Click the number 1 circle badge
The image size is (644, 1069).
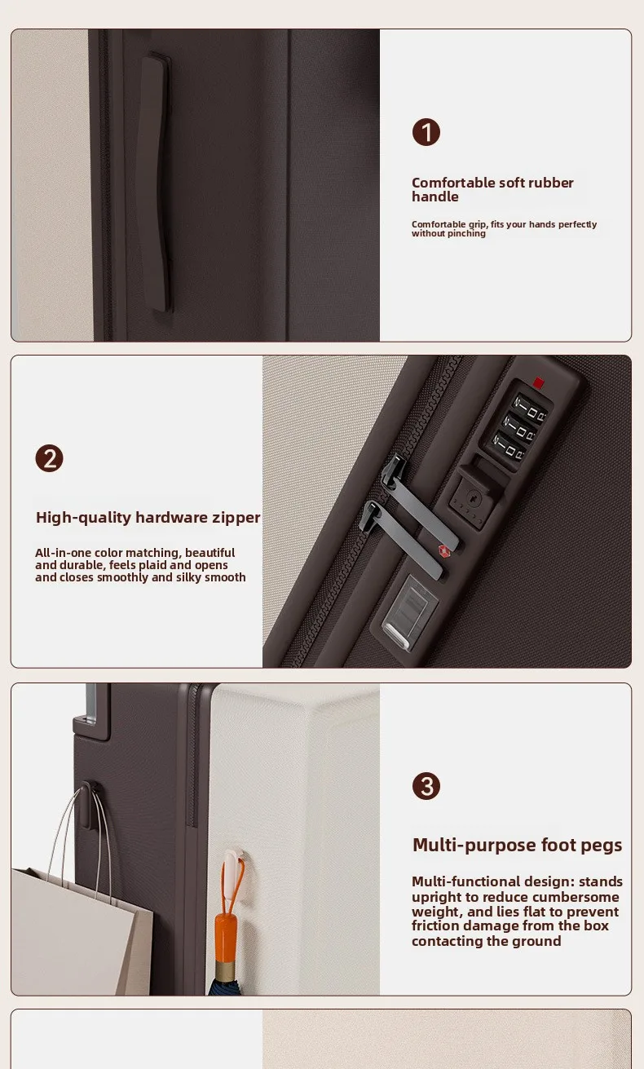click(x=426, y=132)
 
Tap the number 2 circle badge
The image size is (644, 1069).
click(x=49, y=458)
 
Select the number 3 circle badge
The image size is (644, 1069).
click(x=426, y=786)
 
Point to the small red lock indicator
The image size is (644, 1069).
click(x=539, y=382)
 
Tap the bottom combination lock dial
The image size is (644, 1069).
click(x=508, y=445)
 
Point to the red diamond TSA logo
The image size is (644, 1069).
click(x=444, y=551)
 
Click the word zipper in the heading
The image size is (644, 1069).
click(x=236, y=518)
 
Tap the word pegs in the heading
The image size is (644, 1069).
click(x=602, y=846)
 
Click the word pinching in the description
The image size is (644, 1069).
click(x=467, y=233)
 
